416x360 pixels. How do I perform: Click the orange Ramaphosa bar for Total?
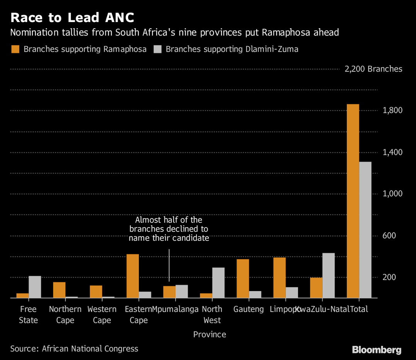tap(353, 201)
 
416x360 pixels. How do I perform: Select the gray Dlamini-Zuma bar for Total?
tap(365, 230)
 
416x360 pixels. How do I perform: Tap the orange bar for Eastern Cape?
tap(133, 276)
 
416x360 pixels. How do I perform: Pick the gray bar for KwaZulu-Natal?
tap(328, 275)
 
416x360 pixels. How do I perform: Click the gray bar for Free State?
tap(35, 287)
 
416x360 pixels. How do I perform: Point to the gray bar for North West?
tap(218, 282)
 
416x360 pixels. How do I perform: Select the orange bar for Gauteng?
tap(243, 278)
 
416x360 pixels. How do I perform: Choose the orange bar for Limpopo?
tap(279, 277)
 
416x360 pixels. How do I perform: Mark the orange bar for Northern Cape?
tap(59, 290)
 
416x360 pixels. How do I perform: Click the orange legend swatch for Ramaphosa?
tap(15, 49)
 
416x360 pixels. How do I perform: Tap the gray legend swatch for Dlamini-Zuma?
tap(157, 49)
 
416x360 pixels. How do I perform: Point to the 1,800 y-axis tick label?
tap(392, 110)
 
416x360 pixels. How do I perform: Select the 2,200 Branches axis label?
tap(373, 69)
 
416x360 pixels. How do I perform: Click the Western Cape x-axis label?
tap(102, 314)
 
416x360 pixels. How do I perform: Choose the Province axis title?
tap(210, 334)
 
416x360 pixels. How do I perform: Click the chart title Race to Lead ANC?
tap(73, 18)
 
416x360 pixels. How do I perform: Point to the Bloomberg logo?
tap(377, 350)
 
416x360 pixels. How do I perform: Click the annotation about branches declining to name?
tap(169, 229)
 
